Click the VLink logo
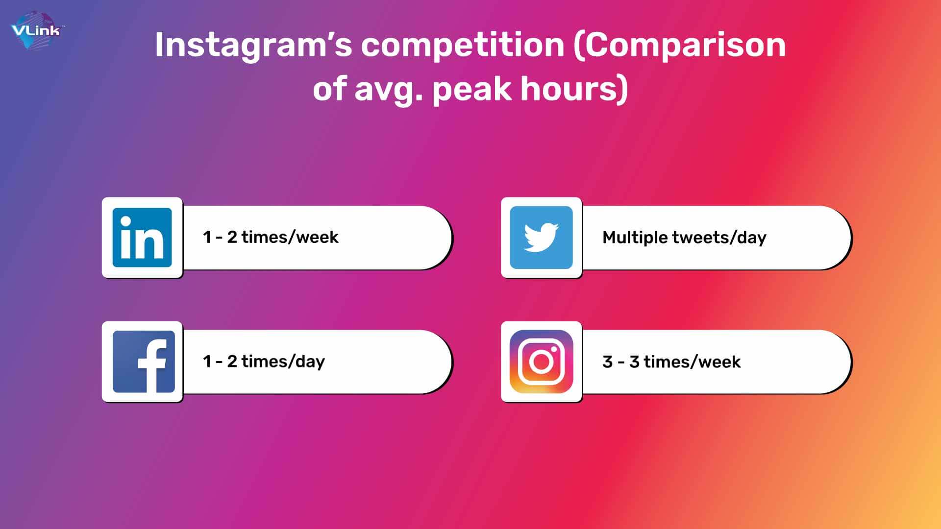click(x=37, y=31)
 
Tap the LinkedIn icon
click(x=142, y=238)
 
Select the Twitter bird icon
click(x=541, y=238)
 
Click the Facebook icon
click(x=144, y=361)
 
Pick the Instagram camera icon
click(x=541, y=361)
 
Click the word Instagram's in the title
click(x=253, y=46)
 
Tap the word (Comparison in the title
click(x=679, y=46)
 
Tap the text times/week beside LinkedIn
click(x=290, y=237)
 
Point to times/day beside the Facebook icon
click(x=283, y=361)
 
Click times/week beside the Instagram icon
click(x=692, y=361)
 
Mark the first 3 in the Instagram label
click(x=608, y=362)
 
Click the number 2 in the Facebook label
click(x=232, y=361)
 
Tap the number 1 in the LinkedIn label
click(x=207, y=237)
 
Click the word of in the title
click(x=330, y=89)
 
